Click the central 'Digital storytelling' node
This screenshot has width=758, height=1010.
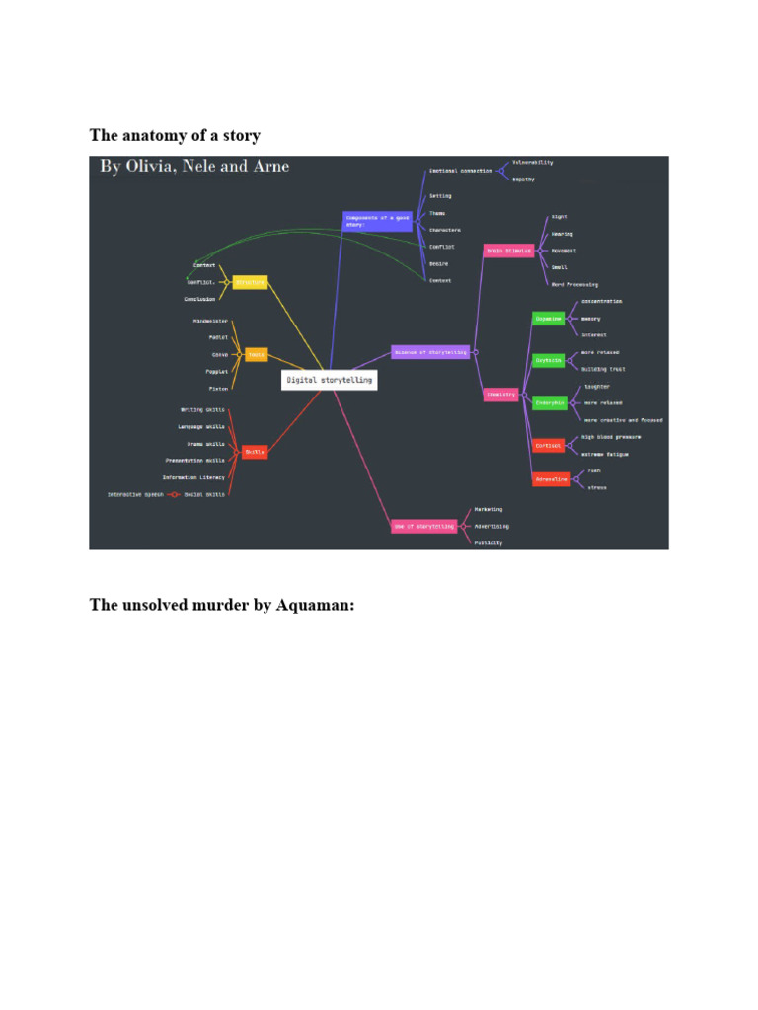[330, 379]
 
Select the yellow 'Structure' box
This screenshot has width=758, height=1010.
[250, 282]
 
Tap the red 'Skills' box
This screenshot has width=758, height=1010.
[254, 452]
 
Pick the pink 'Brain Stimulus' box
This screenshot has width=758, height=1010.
[508, 251]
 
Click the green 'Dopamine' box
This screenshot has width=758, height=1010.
[548, 319]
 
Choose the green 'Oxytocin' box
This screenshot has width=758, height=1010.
[548, 360]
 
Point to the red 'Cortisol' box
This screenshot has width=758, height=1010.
[548, 445]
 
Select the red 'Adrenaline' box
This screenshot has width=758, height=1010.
[551, 479]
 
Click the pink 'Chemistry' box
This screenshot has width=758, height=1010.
[500, 394]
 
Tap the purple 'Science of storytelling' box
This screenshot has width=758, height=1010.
[429, 352]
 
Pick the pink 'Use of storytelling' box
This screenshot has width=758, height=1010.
[423, 527]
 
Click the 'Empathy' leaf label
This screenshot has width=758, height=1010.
[523, 180]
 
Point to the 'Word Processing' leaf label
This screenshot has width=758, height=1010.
[574, 284]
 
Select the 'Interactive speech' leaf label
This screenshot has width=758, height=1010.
[135, 494]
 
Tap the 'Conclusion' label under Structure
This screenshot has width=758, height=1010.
[199, 299]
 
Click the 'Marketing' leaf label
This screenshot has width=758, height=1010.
[488, 510]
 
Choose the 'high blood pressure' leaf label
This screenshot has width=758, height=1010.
[611, 437]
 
